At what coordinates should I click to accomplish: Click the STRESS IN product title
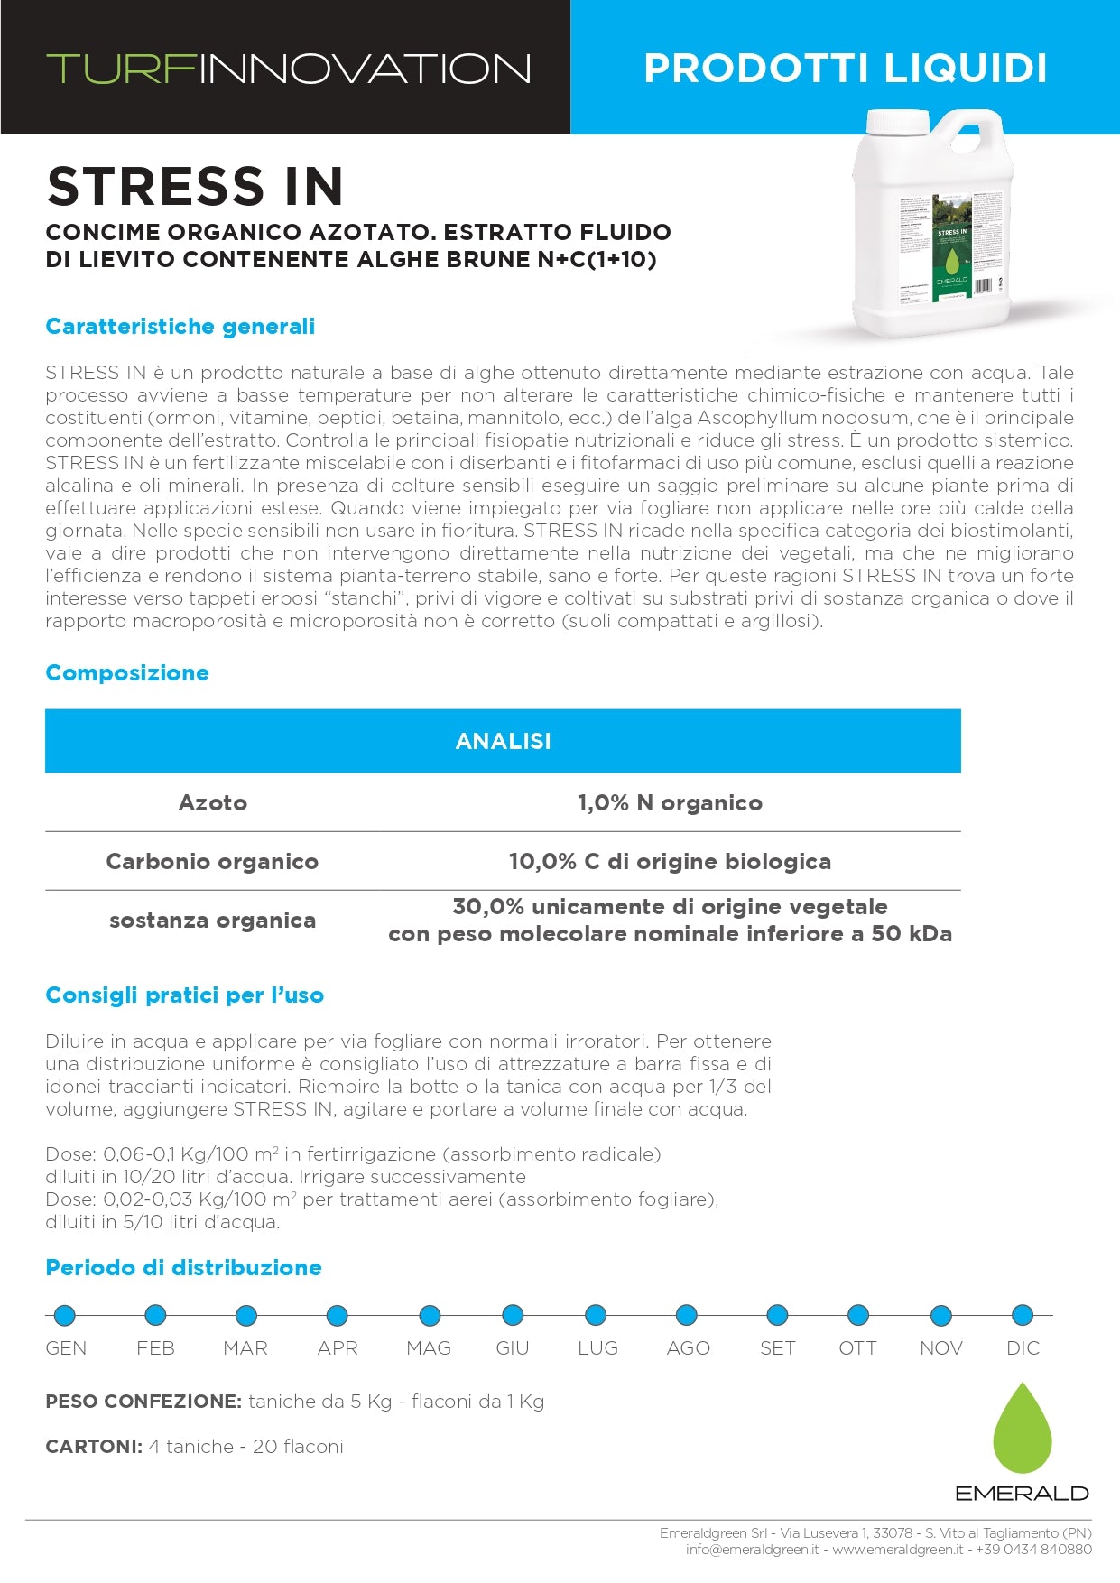(195, 186)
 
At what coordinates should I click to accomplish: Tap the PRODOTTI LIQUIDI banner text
(845, 69)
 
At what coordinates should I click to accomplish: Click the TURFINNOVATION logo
(288, 69)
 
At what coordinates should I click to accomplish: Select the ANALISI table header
(503, 741)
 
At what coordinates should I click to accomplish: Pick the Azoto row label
(213, 802)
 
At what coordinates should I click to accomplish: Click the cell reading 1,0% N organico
(670, 802)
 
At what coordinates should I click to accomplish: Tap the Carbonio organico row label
(212, 861)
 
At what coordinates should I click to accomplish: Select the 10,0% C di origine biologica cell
(670, 861)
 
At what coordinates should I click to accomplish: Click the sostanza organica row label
(212, 921)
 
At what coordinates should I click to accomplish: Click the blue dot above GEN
(65, 1315)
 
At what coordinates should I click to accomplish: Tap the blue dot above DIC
(1022, 1315)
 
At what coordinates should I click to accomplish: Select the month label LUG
(597, 1347)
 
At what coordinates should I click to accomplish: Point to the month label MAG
(429, 1347)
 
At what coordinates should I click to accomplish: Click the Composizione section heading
(127, 672)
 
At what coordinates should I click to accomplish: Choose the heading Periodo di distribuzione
(183, 1267)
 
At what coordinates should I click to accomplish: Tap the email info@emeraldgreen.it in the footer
(752, 1549)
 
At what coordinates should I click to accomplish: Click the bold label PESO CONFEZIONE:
(143, 1402)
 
